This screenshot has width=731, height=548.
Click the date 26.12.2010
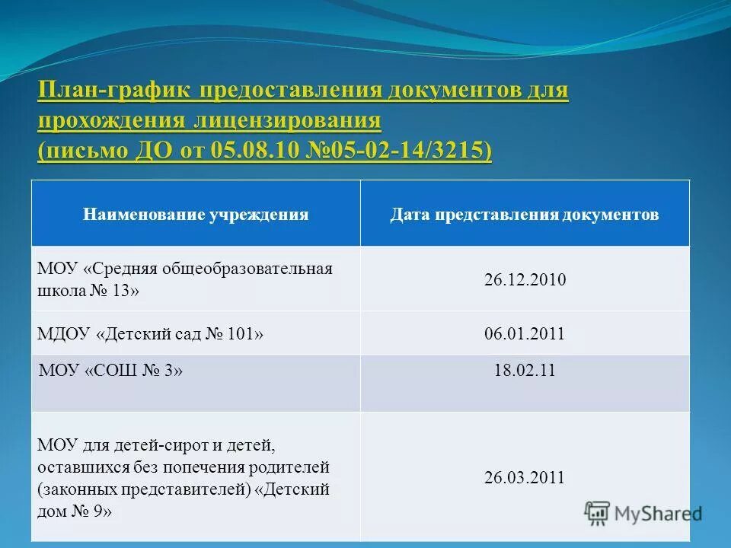point(525,279)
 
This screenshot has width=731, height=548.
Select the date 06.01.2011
point(525,333)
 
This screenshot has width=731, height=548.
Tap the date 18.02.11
point(525,371)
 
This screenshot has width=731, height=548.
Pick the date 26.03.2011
point(525,478)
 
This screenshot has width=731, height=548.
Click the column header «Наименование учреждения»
point(196,215)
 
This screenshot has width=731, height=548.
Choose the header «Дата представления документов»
point(525,215)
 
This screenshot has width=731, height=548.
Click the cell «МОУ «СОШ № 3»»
point(111,371)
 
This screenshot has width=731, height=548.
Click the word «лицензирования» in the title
point(286,121)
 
